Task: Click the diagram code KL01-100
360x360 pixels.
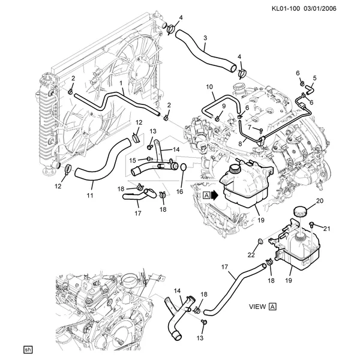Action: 286,9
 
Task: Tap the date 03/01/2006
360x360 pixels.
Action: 320,9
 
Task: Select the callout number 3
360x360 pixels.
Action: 205,38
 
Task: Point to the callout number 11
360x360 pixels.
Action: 90,196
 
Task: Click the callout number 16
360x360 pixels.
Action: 179,191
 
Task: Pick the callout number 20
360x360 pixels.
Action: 320,201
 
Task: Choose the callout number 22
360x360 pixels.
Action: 251,255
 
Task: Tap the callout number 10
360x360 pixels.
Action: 209,87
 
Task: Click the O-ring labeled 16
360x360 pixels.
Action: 184,167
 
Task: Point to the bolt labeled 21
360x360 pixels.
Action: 312,224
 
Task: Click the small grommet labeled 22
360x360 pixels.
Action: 261,241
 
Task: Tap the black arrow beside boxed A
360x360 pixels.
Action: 215,196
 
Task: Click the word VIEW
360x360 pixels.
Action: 257,307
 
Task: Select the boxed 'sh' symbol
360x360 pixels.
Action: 28,350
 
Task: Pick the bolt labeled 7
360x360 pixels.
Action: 261,130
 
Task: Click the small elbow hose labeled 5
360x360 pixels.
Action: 309,88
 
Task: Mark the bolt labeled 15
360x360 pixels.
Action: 149,158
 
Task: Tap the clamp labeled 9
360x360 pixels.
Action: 217,118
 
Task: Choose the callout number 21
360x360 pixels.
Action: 327,229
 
